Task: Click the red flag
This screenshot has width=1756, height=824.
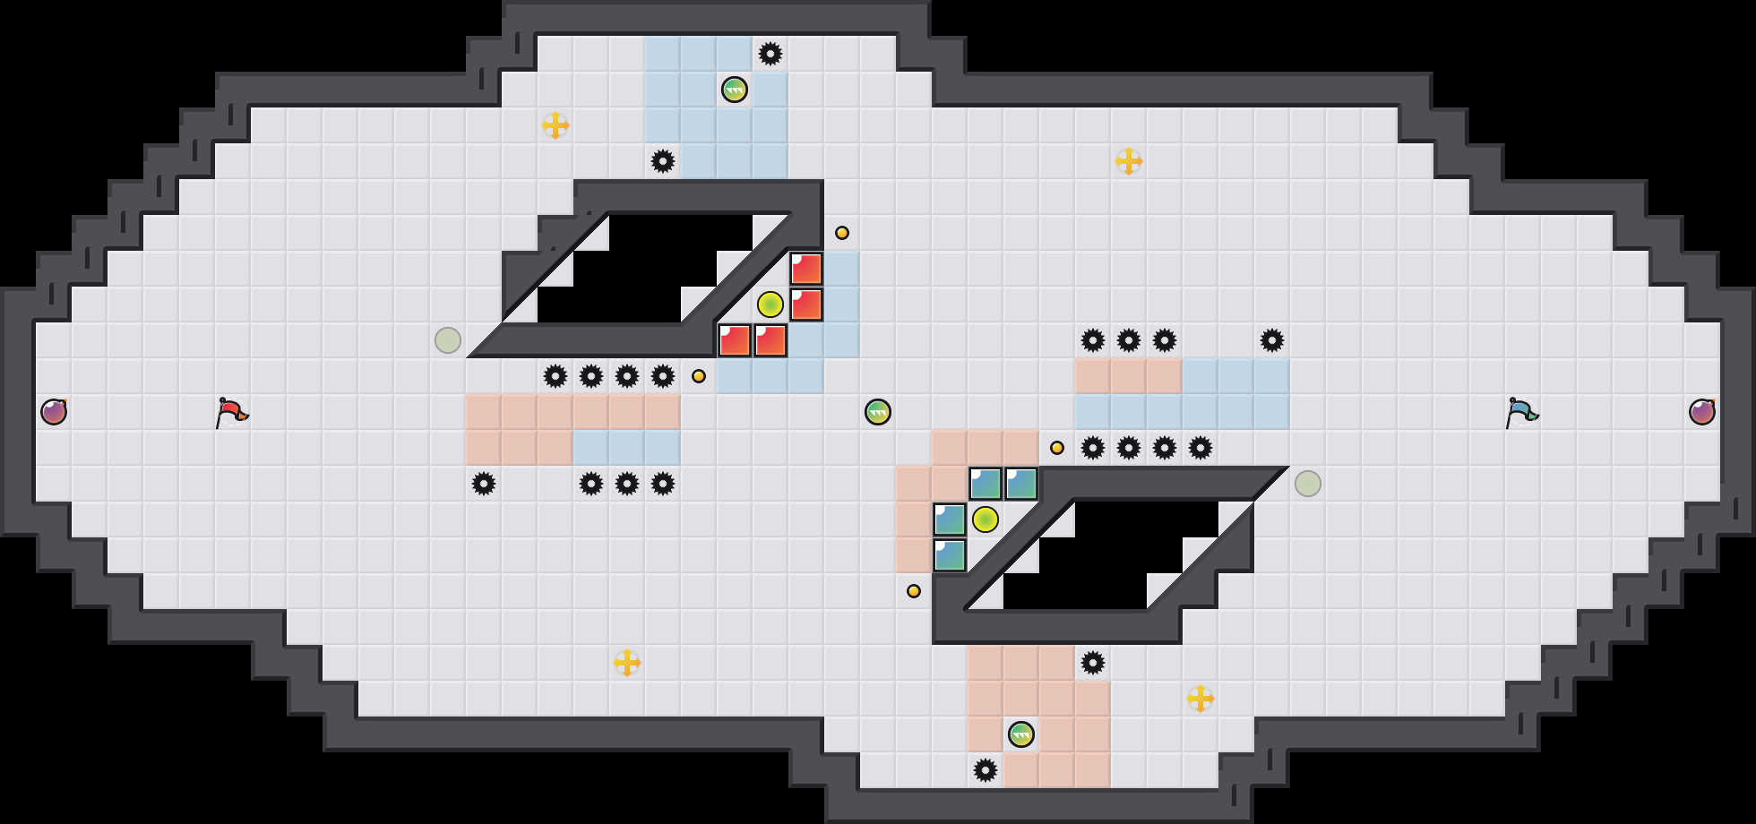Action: [231, 412]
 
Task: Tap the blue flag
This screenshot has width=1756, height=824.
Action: [1521, 412]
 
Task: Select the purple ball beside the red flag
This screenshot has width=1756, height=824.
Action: [54, 412]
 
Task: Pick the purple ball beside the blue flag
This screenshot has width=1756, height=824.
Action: [1702, 412]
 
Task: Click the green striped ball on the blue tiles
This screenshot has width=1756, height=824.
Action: [735, 90]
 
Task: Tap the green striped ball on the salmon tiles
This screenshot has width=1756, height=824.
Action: [1021, 734]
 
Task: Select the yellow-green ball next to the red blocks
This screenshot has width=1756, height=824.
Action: [770, 305]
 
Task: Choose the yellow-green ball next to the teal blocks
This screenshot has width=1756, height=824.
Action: [986, 519]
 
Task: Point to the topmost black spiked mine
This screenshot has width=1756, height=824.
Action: [770, 54]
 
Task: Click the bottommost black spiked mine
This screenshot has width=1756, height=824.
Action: [986, 770]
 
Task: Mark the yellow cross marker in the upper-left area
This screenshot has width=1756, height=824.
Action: [555, 125]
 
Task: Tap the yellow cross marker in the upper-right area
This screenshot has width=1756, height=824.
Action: [1129, 161]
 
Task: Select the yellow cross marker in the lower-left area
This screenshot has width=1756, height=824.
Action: [627, 663]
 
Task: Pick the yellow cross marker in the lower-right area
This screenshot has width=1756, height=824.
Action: [1201, 699]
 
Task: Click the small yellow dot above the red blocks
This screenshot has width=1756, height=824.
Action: [842, 233]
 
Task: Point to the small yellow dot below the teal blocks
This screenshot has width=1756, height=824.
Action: [914, 591]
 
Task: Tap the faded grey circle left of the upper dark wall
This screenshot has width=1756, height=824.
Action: [448, 340]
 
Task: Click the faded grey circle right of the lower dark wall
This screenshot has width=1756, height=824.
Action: [1308, 484]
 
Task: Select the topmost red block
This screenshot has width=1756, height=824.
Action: [806, 269]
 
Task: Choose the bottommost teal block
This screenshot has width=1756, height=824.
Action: [950, 555]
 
